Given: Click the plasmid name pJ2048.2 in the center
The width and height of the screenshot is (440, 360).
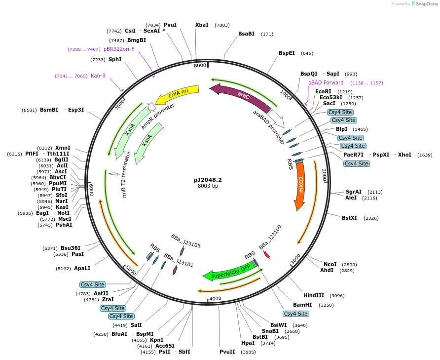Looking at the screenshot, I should click(208, 180).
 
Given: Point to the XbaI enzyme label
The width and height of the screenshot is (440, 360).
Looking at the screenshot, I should click(202, 25).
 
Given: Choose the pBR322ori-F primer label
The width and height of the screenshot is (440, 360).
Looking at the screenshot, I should click(119, 49).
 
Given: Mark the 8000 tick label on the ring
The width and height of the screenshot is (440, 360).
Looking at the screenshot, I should click(200, 66).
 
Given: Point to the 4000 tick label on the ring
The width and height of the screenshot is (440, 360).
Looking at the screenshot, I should click(215, 299).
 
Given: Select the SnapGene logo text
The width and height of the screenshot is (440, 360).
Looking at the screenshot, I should click(425, 4).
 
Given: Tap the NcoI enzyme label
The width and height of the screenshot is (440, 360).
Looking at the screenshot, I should click(330, 264).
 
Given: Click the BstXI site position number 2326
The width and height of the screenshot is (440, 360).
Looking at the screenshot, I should click(370, 218).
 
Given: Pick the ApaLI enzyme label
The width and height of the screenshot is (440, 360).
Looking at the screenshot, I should click(82, 269).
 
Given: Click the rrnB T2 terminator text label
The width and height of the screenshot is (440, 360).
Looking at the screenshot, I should click(127, 174).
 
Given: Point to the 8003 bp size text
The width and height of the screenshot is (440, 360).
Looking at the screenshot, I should click(208, 186).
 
